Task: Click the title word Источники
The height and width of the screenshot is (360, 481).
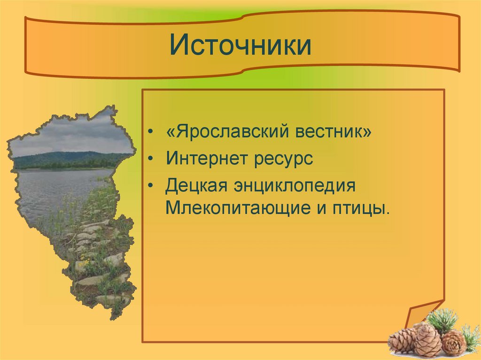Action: coord(240,45)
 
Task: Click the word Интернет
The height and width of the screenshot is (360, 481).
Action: coord(207,158)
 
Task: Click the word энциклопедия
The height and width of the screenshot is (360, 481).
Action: coord(295,186)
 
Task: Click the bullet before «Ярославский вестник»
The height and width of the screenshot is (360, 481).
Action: coord(150,131)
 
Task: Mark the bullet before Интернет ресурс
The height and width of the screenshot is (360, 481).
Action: coord(150,159)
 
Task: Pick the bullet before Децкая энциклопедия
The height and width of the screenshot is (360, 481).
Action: coord(150,186)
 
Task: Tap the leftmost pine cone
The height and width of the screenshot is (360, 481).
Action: coord(402,340)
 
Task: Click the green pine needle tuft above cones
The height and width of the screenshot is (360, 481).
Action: coord(442,321)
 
